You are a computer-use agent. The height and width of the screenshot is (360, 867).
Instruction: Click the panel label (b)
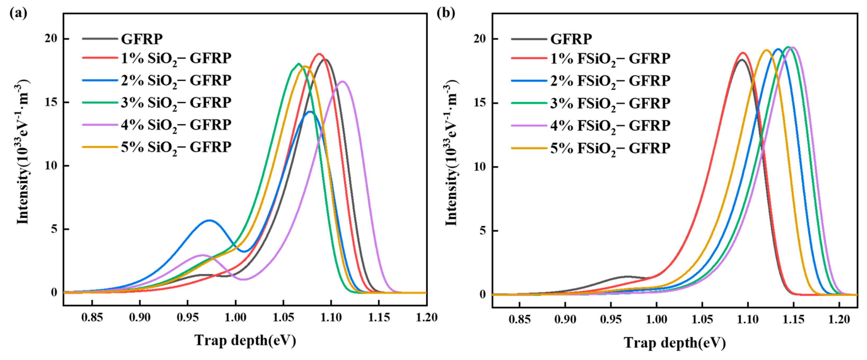coord(446,13)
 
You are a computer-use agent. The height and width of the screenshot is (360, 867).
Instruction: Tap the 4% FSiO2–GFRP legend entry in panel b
coord(610,126)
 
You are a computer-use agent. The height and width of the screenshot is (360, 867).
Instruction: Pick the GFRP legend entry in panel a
coord(142,39)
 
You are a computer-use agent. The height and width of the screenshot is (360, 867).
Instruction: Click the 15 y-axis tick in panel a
coord(51,102)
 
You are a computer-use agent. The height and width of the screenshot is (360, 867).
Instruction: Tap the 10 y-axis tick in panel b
coord(480,167)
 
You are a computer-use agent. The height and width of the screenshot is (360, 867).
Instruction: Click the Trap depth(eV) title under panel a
coord(245,340)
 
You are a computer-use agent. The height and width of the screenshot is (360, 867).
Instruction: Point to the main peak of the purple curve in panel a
coord(343,82)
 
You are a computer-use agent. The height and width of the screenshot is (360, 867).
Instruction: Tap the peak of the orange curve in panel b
coord(767,51)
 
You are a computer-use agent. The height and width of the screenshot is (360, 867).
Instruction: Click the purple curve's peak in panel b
coord(793,47)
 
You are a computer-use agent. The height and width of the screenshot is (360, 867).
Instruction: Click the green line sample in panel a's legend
coord(100,102)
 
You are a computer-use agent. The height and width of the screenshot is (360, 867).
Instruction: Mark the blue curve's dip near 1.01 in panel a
coord(245,251)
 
